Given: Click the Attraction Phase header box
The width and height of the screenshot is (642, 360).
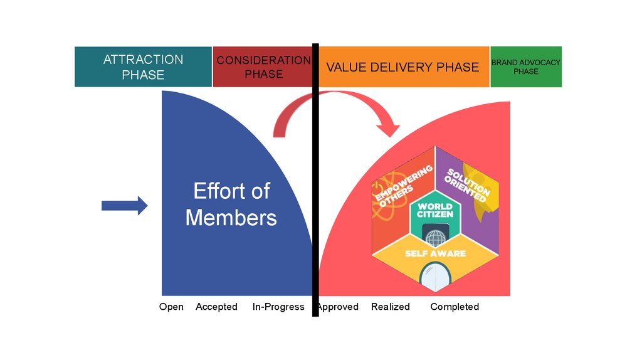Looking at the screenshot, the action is point(143,66).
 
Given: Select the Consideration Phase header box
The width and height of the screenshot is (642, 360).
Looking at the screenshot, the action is point(262,66).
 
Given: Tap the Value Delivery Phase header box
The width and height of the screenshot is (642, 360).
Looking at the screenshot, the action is point(403,66).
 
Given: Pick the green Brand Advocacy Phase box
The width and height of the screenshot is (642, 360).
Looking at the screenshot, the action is point(525,66).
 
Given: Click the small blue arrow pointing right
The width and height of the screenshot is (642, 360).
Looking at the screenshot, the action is point(124,205).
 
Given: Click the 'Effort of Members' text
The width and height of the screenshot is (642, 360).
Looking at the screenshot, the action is point(231,204).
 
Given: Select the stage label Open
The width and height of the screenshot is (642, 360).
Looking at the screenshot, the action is point(171,307).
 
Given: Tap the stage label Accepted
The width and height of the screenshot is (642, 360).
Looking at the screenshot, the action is point(216,307).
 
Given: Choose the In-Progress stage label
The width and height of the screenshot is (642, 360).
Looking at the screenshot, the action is point(278,307).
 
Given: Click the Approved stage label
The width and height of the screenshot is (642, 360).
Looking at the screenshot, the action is point(338,307).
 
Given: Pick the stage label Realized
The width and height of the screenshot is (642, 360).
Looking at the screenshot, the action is point(390,307).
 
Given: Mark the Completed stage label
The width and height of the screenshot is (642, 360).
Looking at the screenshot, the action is point(455,307).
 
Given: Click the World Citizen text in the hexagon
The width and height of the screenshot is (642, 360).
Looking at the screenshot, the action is point(434,211).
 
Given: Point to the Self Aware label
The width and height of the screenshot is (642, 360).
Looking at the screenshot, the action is point(434,253).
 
